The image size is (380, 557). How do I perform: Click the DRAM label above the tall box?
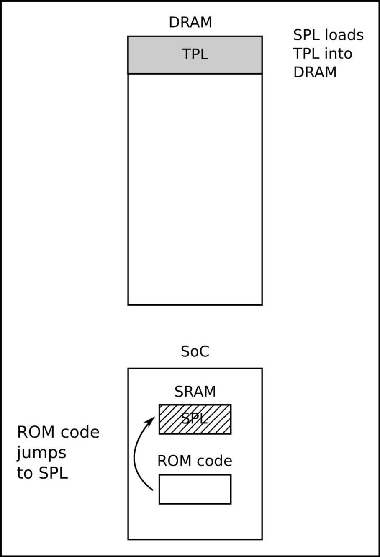click(190, 22)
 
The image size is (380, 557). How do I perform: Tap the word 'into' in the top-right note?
click(340, 54)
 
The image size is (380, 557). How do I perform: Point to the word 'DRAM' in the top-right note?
click(315, 72)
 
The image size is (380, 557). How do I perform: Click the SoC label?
click(195, 351)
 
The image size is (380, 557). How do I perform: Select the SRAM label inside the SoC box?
click(195, 392)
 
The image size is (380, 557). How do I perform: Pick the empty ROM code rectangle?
click(195, 489)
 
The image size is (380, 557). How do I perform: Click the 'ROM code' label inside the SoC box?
click(195, 461)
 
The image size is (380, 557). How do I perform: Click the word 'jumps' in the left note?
click(41, 453)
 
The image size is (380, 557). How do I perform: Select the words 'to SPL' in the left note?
click(42, 473)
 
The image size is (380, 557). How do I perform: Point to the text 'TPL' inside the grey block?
click(195, 54)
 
